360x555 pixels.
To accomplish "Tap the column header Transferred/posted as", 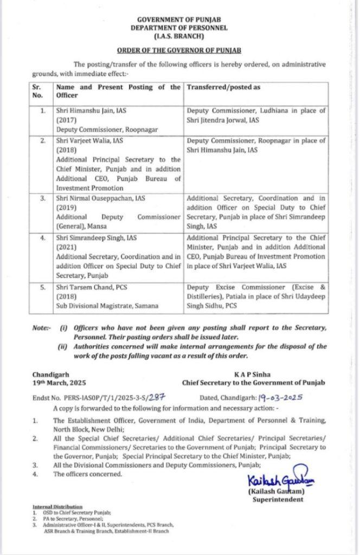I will pos(223,86).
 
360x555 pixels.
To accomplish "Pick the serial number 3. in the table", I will pos(41,198).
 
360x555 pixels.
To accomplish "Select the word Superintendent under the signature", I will pos(278,499).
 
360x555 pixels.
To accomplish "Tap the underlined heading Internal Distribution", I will pos(54,506).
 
